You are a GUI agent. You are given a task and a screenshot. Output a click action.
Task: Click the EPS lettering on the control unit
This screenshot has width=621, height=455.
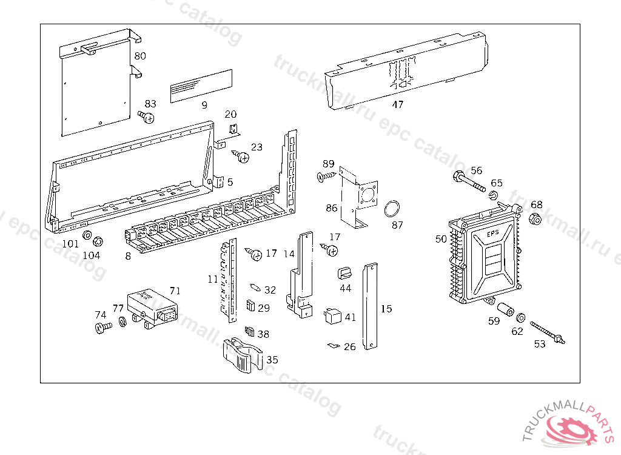tap(492, 234)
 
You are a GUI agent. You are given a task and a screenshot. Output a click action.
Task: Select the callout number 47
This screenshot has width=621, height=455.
tap(397, 104)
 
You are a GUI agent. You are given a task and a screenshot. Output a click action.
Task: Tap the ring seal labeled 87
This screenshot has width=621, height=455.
tap(392, 209)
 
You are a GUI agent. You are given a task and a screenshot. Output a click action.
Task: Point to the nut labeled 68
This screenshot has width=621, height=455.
tap(535, 219)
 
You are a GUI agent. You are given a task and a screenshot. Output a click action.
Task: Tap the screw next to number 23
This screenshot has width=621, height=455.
tap(241, 157)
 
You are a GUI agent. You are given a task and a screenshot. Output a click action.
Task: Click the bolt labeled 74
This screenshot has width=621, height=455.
tap(103, 328)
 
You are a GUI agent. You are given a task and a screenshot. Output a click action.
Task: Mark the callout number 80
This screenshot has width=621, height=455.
tap(140, 56)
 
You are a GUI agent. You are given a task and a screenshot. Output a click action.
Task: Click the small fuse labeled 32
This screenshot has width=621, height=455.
tap(255, 286)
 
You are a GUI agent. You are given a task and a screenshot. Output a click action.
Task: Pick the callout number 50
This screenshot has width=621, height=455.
tap(441, 239)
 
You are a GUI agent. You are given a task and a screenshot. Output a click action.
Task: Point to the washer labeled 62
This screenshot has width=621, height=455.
tap(520, 317)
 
